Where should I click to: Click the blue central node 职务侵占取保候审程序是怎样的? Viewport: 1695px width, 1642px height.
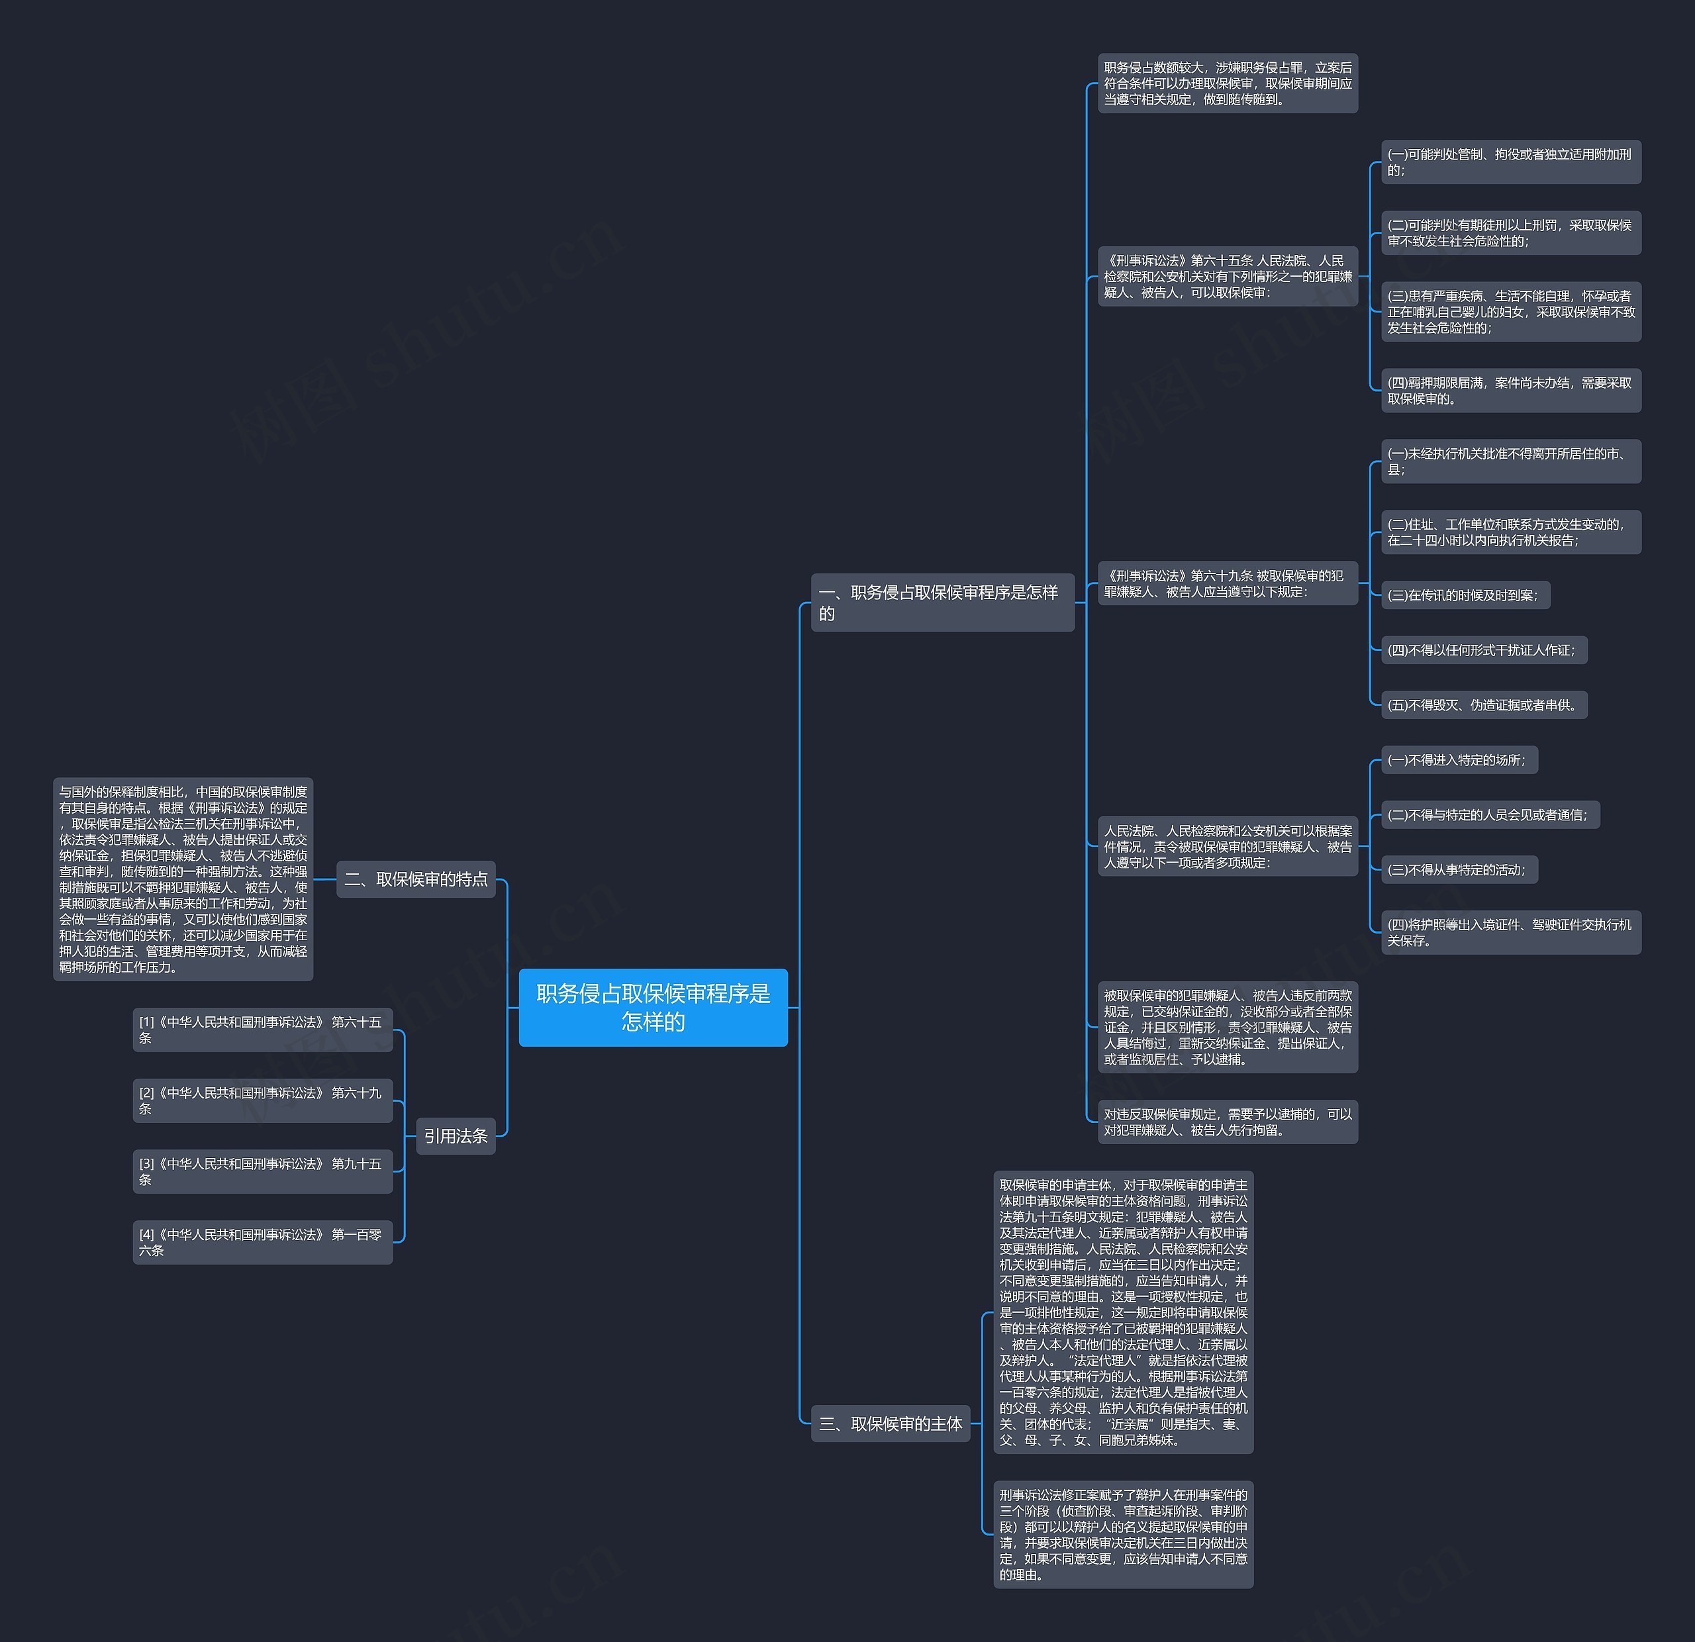(653, 1007)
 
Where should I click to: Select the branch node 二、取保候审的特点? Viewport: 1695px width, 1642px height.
(415, 879)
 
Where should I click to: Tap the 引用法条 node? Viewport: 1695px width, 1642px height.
(456, 1136)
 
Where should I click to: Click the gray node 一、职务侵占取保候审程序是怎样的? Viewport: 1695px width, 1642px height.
(942, 603)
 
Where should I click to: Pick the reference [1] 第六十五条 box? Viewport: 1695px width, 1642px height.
(262, 1030)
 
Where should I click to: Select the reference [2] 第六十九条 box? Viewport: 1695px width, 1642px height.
(262, 1100)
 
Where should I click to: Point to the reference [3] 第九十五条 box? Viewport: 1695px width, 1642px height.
(262, 1172)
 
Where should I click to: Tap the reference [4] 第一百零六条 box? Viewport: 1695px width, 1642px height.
(262, 1243)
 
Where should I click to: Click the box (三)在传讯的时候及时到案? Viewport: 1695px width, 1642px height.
(1465, 595)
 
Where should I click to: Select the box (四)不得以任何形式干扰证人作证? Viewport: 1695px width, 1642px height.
(1483, 650)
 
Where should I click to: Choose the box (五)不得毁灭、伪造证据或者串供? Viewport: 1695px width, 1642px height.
(1483, 704)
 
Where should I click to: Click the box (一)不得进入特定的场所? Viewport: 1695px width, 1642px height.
(1459, 760)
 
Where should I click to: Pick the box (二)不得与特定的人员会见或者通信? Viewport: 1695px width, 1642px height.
(1489, 814)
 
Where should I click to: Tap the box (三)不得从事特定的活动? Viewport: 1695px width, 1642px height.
(1459, 870)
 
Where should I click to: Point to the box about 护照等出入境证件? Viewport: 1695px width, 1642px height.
(1510, 932)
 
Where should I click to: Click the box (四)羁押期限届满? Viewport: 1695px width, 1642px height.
(1510, 391)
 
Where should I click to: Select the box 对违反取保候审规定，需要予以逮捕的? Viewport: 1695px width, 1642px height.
(1227, 1122)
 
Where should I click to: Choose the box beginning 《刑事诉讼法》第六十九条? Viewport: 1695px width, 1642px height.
(1227, 584)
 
